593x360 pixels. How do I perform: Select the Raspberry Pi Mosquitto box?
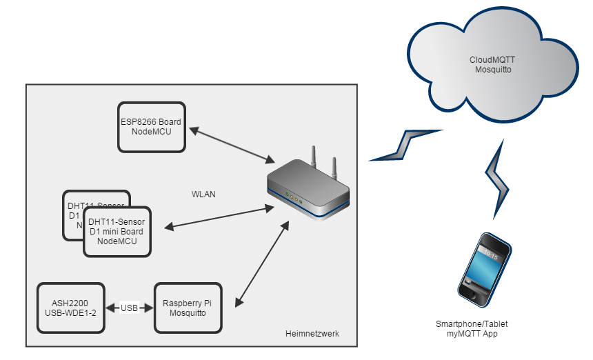click(188, 308)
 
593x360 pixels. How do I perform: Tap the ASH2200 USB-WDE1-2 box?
click(71, 308)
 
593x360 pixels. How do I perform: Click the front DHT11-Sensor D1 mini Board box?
click(117, 232)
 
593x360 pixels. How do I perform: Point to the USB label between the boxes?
click(130, 308)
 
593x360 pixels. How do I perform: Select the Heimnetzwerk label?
click(312, 334)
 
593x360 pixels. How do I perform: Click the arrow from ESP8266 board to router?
click(231, 145)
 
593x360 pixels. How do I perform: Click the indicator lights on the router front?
click(294, 199)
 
